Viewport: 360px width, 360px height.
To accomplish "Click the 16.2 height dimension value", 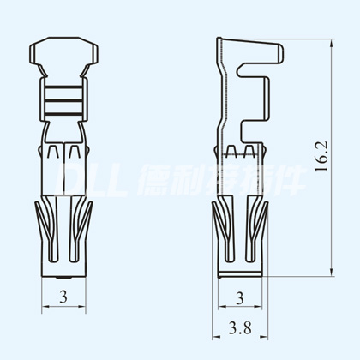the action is point(321,156).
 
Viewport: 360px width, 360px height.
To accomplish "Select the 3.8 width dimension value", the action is point(240,328).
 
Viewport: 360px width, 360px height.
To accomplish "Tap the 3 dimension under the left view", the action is point(63,297).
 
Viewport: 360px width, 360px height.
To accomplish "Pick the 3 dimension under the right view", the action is point(240,298).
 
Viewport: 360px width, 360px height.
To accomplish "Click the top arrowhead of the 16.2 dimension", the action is point(332,44).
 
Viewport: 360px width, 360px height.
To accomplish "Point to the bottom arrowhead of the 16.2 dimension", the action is point(332,272).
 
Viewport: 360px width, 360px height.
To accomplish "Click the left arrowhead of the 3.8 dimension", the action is point(216,337).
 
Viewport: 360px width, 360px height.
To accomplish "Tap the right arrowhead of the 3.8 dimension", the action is point(264,337).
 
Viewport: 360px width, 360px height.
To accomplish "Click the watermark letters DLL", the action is point(92,180).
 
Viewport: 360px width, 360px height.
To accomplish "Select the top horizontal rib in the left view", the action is point(63,87).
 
